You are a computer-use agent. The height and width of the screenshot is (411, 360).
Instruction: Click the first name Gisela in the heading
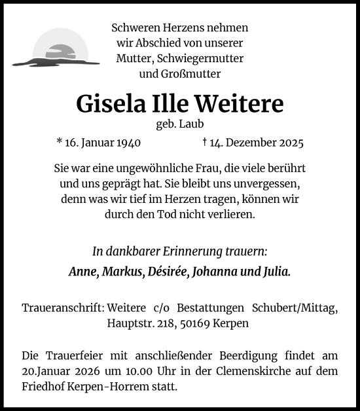105,103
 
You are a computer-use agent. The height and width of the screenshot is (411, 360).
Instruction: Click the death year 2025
289,142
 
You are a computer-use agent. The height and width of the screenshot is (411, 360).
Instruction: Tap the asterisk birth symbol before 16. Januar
60,141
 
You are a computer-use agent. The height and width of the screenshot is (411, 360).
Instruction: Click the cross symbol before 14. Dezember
205,141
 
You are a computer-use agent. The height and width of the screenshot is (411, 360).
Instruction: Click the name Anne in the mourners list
82,272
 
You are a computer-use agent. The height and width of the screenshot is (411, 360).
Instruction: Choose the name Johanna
213,272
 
